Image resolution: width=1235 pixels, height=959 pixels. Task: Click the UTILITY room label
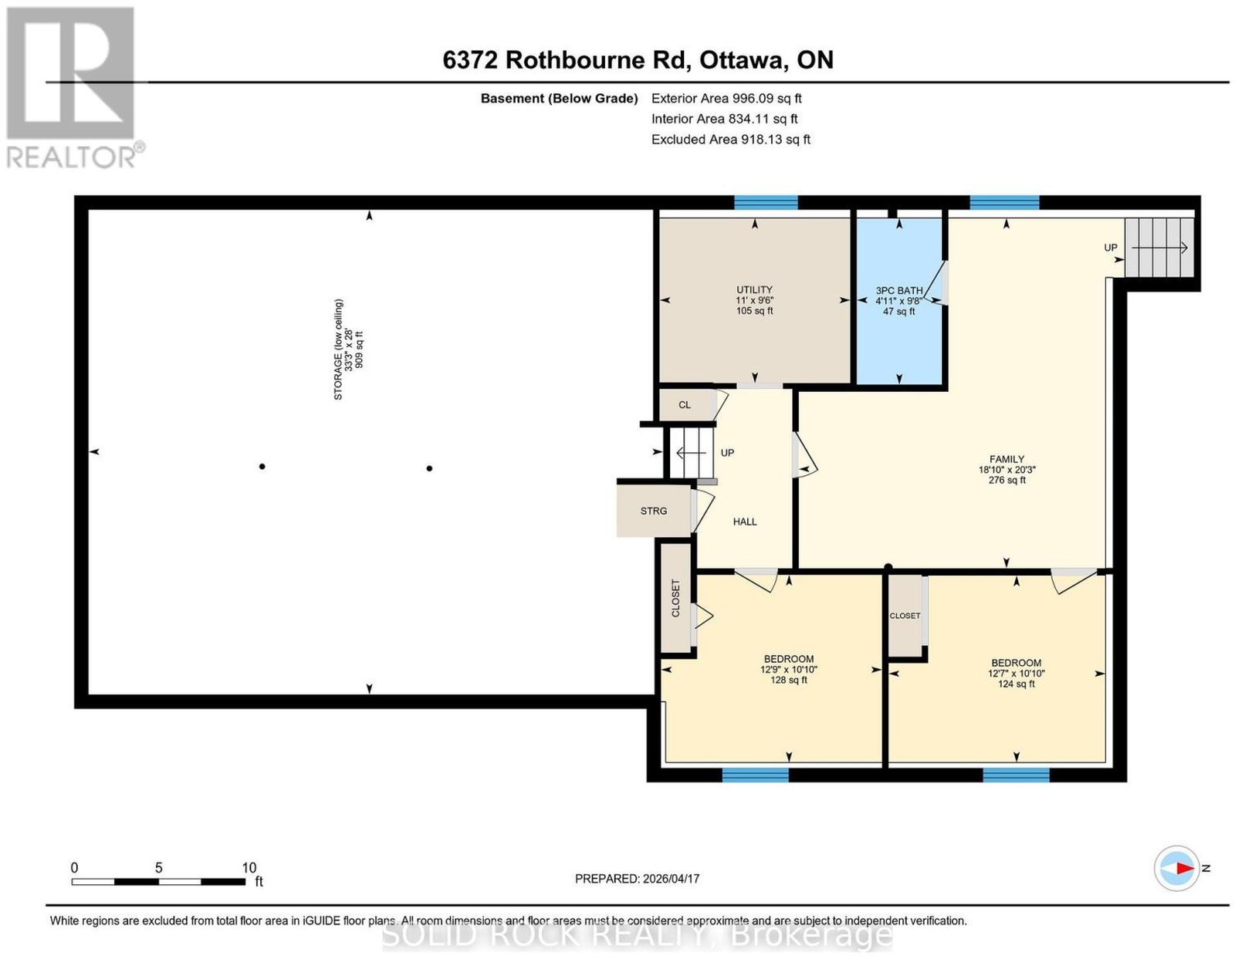tap(754, 289)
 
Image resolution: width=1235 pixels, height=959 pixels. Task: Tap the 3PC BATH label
tap(898, 291)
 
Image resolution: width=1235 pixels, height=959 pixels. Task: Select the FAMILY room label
tap(1007, 459)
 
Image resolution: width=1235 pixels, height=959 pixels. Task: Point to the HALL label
tap(745, 522)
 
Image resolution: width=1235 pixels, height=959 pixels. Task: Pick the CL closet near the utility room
tap(686, 405)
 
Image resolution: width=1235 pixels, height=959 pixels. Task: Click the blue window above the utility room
tap(766, 203)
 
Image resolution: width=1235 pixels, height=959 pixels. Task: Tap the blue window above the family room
tap(1004, 203)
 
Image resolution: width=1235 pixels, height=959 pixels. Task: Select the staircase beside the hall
tap(691, 453)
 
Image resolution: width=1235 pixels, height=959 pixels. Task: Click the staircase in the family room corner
tap(1159, 248)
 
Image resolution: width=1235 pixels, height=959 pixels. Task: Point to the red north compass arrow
tap(1184, 884)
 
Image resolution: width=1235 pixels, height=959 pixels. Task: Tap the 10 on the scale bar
tap(249, 868)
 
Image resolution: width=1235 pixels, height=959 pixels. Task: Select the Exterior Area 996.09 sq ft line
tap(726, 98)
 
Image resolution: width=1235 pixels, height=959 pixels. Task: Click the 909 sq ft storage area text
tap(359, 349)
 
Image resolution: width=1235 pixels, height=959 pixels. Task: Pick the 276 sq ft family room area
tap(1007, 480)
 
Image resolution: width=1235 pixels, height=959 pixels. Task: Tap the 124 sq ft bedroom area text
tap(1017, 684)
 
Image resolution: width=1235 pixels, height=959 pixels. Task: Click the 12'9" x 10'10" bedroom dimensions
tap(789, 670)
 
